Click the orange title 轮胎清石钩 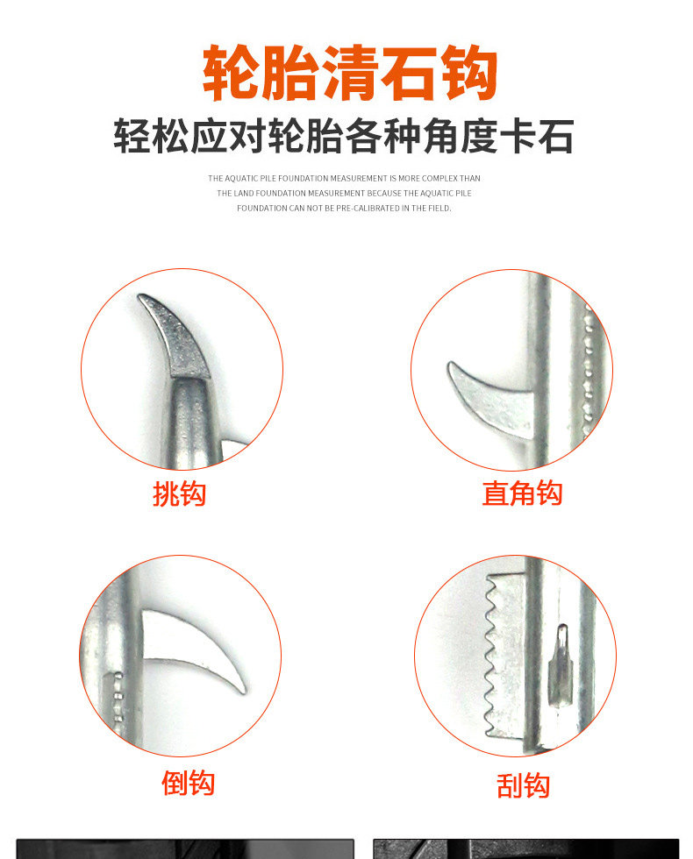click(x=349, y=74)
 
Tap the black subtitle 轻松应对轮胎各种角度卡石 click(x=344, y=137)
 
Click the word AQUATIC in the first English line click(x=241, y=179)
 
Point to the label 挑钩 click(x=179, y=494)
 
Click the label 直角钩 click(x=523, y=493)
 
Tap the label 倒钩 click(x=188, y=783)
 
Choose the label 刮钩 click(x=523, y=785)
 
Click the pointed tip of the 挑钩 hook click(x=140, y=297)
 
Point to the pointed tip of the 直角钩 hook click(x=450, y=364)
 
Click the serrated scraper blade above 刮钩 click(x=504, y=655)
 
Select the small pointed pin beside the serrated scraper click(x=560, y=664)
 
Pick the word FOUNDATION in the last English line click(x=257, y=209)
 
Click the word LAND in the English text click(x=244, y=194)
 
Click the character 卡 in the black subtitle click(x=516, y=137)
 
